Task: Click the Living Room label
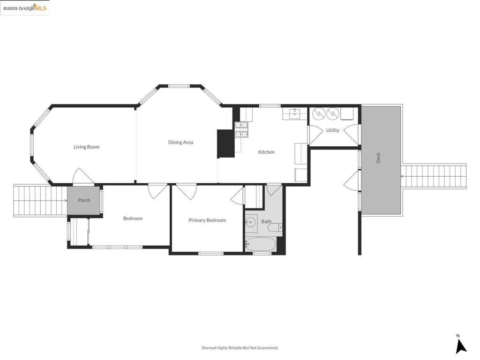click(87, 147)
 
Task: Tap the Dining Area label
click(180, 142)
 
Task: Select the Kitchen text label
click(266, 152)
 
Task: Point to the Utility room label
click(332, 130)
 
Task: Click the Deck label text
click(378, 158)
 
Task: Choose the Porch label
click(84, 200)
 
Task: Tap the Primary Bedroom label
click(207, 220)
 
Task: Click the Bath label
click(266, 221)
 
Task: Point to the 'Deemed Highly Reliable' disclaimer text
click(240, 348)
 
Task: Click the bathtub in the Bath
click(261, 244)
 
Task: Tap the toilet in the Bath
click(274, 228)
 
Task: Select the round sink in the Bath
click(251, 223)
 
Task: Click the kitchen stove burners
click(242, 129)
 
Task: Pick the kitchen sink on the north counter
click(294, 113)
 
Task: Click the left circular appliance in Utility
click(319, 113)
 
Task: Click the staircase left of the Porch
click(40, 201)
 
